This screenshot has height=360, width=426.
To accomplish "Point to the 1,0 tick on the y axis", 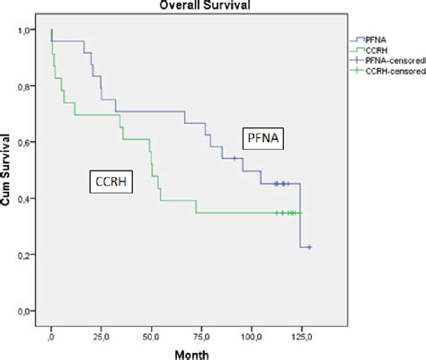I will point(30,31).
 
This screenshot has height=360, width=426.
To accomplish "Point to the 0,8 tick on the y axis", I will point(30,87).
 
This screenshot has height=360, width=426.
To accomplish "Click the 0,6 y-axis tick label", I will point(30,144).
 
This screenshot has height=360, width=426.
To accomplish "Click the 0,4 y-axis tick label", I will point(30,199).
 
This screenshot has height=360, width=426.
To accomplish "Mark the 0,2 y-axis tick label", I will point(30,256).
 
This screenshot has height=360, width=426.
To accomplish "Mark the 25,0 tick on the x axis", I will point(102,337).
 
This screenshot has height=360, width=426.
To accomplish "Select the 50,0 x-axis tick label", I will point(152,337).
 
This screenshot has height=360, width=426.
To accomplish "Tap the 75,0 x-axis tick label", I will point(201,337).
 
